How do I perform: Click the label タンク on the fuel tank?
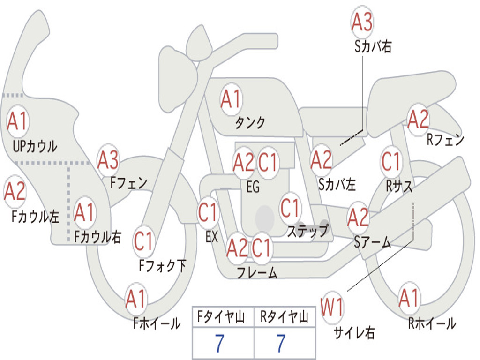point(250,123)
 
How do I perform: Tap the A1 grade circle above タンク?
point(232,99)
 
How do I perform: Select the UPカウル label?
point(35,146)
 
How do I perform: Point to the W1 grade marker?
point(332,307)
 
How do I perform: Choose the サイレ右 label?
point(354,332)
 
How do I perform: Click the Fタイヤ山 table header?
point(221,316)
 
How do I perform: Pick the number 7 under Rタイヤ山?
point(281,343)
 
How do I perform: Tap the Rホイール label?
point(432,323)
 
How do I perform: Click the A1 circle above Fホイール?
point(135,299)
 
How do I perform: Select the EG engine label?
point(253,187)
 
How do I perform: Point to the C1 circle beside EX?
point(208,212)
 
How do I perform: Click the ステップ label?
point(307,231)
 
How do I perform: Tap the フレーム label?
point(257,272)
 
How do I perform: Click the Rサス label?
point(399,186)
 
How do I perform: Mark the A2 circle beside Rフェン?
point(419,119)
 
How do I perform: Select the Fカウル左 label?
point(35,217)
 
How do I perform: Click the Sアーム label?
point(372,242)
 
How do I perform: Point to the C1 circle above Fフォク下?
point(143,241)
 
